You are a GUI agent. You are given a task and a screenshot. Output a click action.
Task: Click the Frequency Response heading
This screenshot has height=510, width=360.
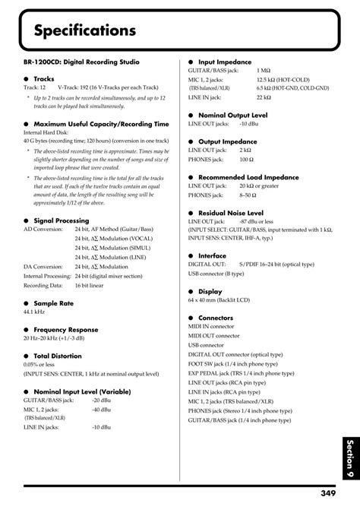tap(71, 329)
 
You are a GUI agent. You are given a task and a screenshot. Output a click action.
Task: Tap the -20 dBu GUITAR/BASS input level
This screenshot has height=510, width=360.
tap(102, 399)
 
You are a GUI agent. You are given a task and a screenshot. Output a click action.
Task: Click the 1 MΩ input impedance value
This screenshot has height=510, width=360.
tap(264, 69)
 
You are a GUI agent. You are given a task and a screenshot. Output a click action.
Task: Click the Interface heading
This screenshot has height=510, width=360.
tap(212, 255)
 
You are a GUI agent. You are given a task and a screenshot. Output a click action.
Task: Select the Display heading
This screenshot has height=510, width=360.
tap(210, 290)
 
